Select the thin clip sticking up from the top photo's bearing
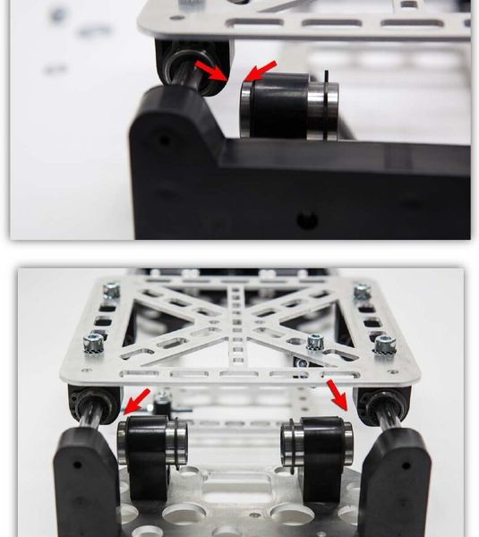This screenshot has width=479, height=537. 328,81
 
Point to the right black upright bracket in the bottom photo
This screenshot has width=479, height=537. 395,479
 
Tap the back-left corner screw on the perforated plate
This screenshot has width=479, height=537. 111,290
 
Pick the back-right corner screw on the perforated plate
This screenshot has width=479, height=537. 362,291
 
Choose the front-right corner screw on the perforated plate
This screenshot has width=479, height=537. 384,343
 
